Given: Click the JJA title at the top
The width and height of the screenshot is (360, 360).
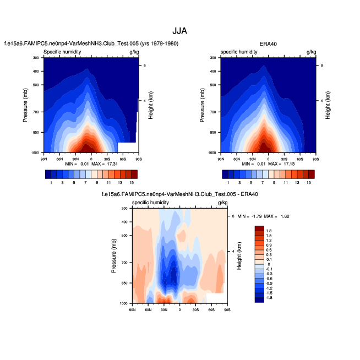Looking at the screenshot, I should tap(180, 31).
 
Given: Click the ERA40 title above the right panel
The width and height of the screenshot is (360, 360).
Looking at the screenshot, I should tap(268, 43).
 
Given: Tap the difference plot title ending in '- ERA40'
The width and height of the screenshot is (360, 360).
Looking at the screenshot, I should tap(180, 194).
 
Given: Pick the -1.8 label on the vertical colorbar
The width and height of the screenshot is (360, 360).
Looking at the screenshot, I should tap(269, 298).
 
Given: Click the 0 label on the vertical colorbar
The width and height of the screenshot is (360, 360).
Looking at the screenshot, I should tap(268, 264).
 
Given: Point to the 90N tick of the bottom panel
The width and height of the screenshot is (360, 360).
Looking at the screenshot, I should tap(132, 310).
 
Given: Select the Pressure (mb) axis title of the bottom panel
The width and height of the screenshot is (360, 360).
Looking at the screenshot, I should tap(114, 255).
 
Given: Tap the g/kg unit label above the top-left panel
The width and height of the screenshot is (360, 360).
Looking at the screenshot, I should tap(133, 52).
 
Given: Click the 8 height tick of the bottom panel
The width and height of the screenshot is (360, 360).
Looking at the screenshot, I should tap(233, 216).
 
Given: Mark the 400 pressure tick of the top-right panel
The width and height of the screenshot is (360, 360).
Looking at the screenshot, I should tap(212, 71).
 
